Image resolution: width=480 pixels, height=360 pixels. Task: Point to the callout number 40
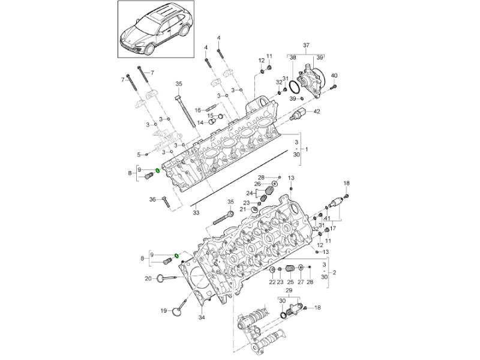click(x=334, y=75)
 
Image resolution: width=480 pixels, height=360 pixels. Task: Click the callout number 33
click(x=196, y=212)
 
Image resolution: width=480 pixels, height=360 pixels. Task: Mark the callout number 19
click(x=163, y=311)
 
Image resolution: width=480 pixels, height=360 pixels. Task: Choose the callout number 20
click(x=148, y=278)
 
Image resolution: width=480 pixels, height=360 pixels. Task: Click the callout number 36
click(x=152, y=199)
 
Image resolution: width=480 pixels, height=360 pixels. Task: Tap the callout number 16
click(x=197, y=110)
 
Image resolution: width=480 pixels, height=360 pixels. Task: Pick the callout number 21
click(x=243, y=209)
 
